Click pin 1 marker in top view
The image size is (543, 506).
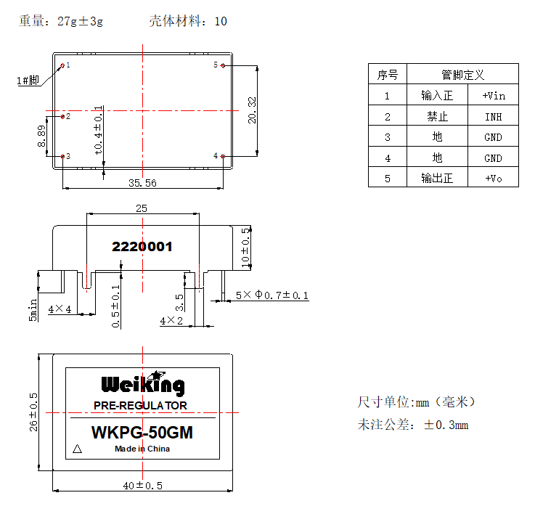(62, 65)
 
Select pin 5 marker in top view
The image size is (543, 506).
(223, 65)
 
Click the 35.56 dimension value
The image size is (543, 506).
(142, 184)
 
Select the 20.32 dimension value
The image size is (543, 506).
(251, 110)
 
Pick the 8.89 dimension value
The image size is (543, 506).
(42, 136)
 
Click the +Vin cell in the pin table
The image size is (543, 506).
(494, 95)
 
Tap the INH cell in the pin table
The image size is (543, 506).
(494, 116)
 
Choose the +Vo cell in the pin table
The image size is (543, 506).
(494, 179)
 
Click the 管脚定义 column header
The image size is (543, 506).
(462, 75)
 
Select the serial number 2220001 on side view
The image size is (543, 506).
(142, 247)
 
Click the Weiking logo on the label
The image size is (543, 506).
(142, 383)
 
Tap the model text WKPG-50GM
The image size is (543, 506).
(142, 433)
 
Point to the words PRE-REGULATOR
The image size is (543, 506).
(141, 405)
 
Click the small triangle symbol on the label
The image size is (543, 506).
(77, 449)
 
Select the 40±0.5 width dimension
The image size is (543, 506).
(142, 485)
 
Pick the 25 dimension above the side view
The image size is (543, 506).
(142, 208)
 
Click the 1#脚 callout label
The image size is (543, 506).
(28, 81)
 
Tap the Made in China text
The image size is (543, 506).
(142, 449)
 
